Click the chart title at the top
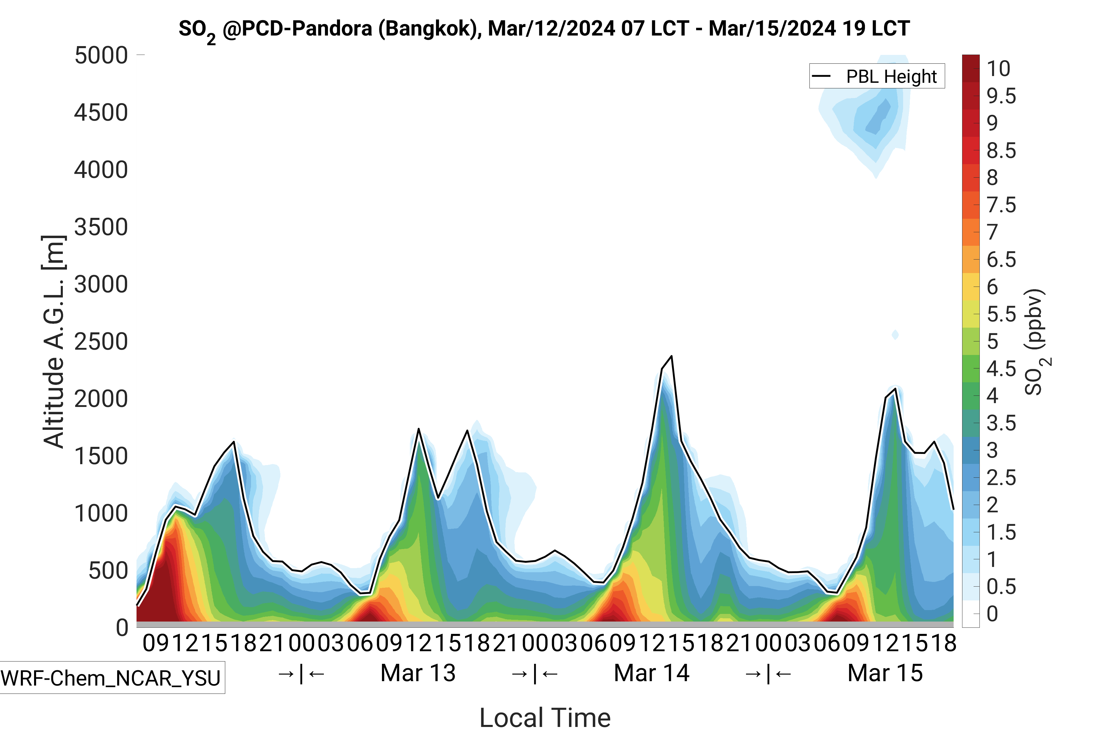544,29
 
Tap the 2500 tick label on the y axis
101,342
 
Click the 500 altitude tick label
108,571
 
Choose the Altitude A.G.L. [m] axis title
53,342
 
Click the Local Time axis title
545,717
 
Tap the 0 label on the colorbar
992,614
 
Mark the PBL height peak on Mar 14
672,357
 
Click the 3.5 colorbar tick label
1001,423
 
